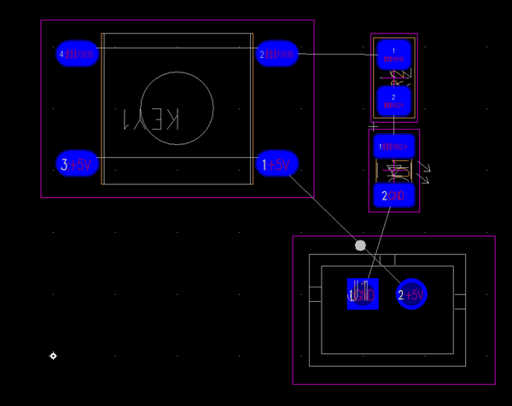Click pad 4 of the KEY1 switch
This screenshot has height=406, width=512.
tap(77, 55)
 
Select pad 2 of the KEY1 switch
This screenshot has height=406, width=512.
tap(277, 55)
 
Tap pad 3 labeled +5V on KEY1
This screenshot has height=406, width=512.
tap(77, 164)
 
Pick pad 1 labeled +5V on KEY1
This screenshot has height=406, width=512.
tap(277, 164)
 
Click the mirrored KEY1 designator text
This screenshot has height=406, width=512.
tap(151, 119)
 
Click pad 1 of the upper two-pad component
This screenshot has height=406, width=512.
tap(393, 55)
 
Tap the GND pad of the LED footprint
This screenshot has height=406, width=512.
tap(394, 196)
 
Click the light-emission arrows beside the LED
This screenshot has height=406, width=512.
tap(424, 171)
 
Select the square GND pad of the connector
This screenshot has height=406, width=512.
tap(362, 294)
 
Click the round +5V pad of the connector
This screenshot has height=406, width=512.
tap(411, 294)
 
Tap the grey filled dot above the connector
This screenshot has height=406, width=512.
tap(360, 246)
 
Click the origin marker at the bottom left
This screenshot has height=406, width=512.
tap(53, 356)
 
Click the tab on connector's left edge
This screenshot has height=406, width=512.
tap(315, 294)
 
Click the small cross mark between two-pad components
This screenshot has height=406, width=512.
tap(373, 127)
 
